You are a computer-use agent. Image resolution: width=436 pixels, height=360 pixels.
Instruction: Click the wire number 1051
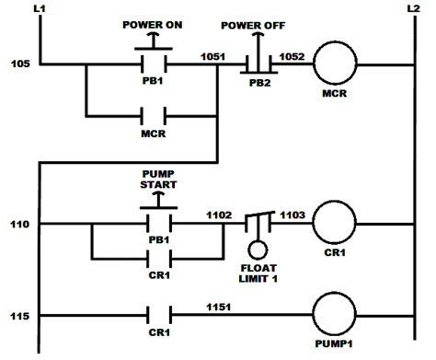click(213, 56)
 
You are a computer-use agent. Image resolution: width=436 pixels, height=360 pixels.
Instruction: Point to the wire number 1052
click(293, 56)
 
